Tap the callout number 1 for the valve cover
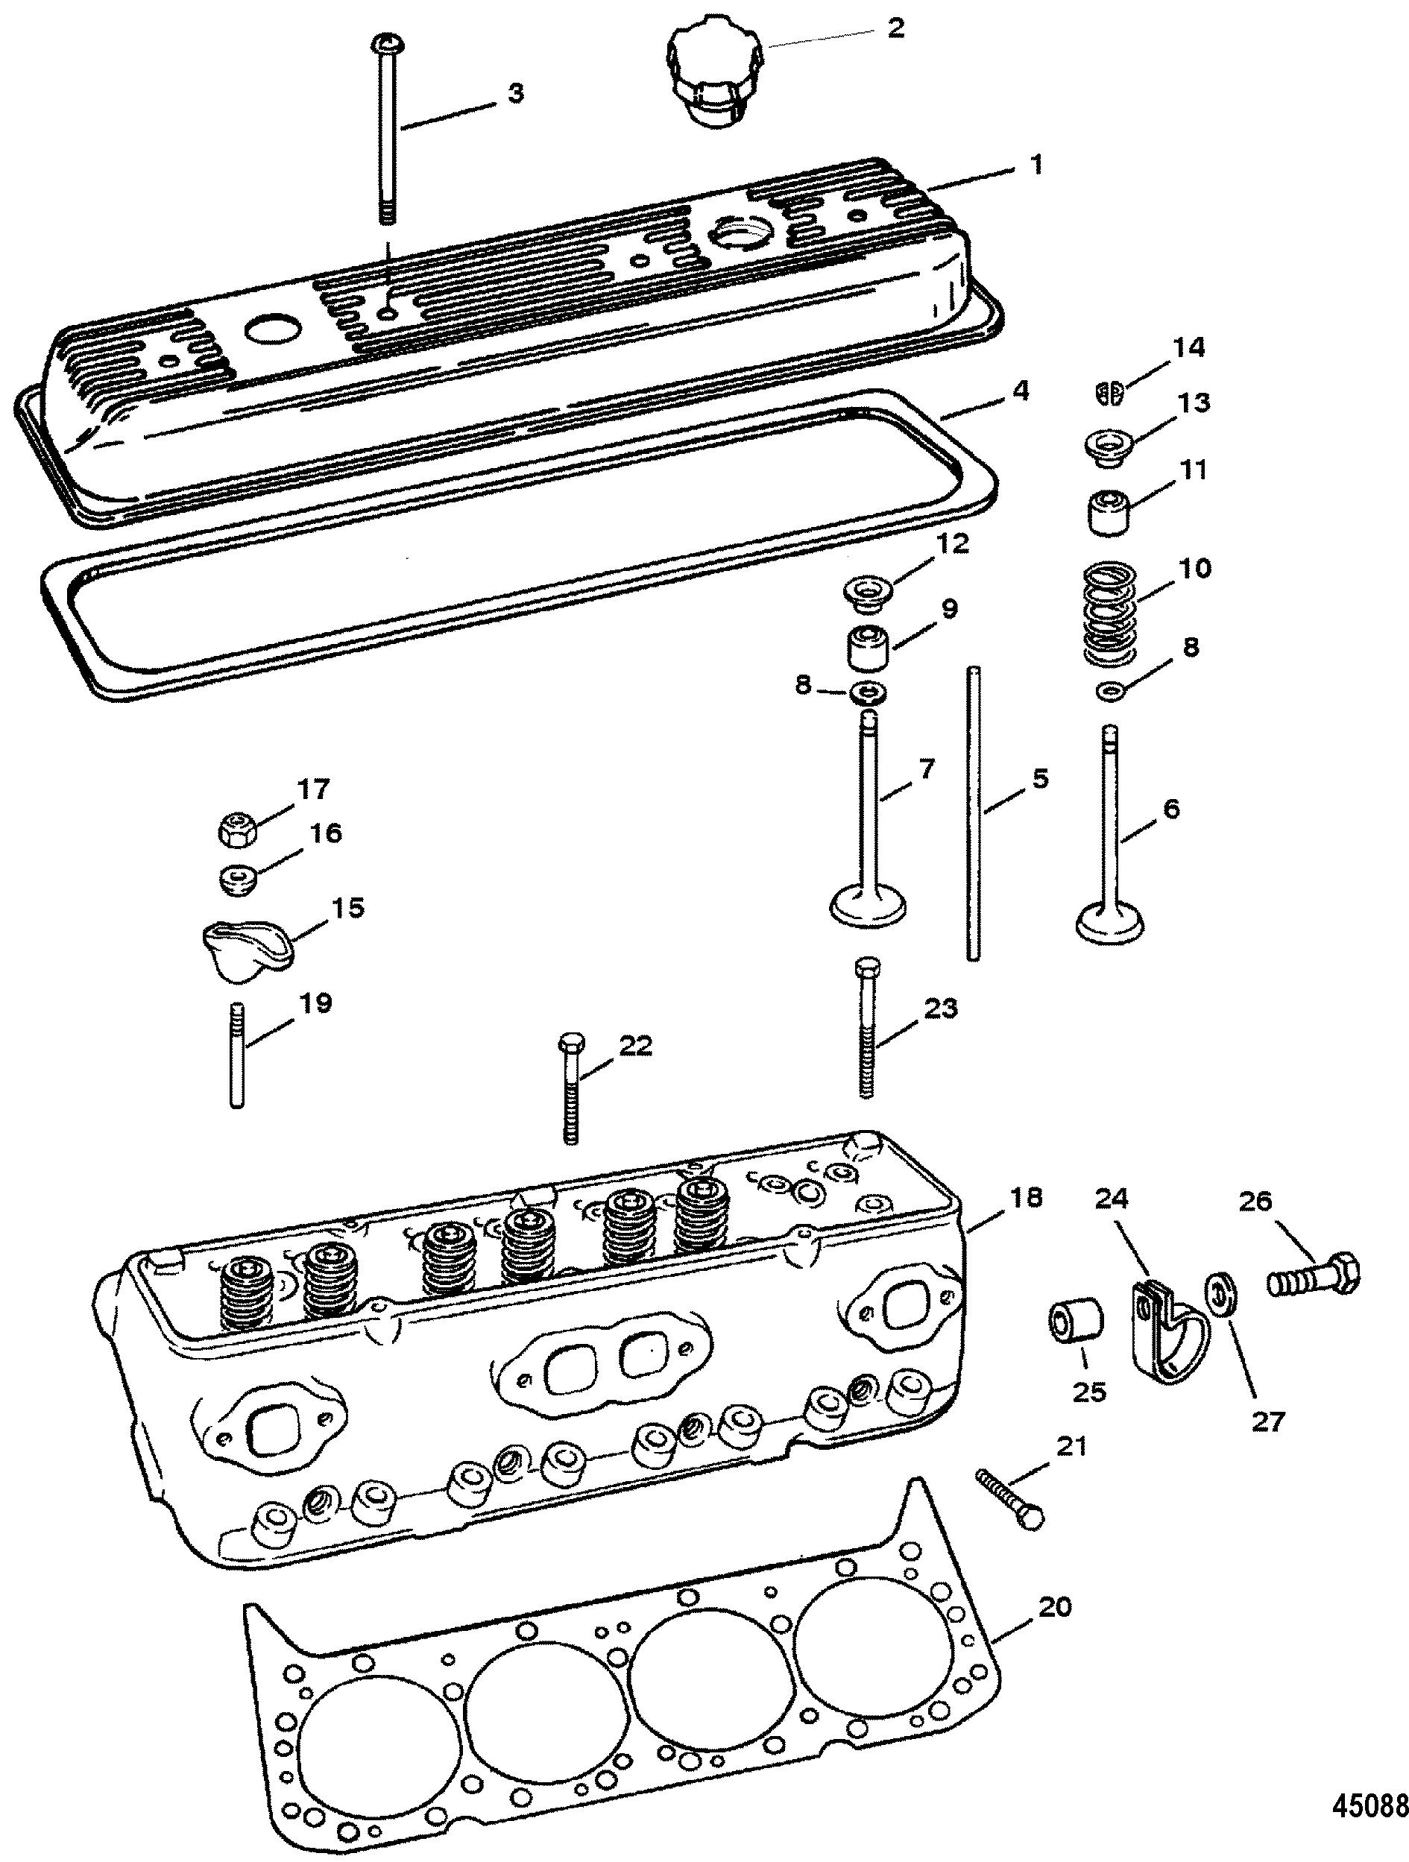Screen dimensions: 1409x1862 pyautogui.click(x=1037, y=164)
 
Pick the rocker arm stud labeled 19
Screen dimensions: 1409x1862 pyautogui.click(x=237, y=1054)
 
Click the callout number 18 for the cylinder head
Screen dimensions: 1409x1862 pyautogui.click(x=1024, y=1197)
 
